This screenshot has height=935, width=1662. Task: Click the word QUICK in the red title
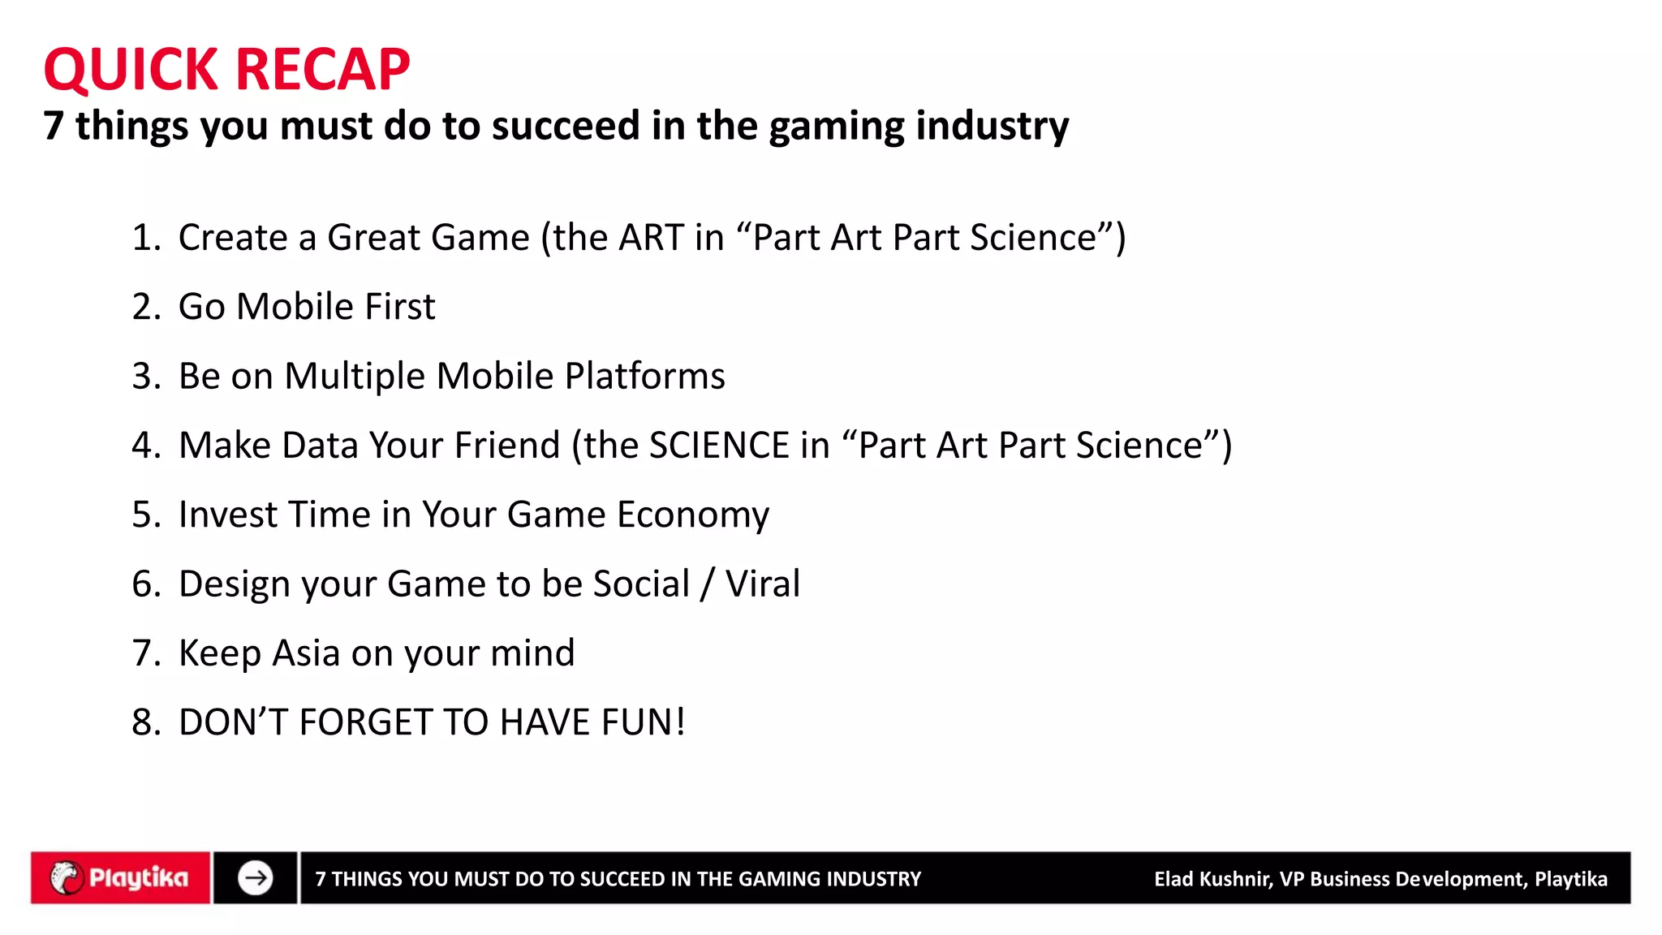tap(130, 70)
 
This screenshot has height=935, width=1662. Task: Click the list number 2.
tap(143, 307)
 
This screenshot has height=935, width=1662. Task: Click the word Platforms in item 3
tap(644, 377)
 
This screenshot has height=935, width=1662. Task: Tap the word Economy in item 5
tap(692, 515)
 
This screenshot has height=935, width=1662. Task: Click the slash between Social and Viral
tap(707, 584)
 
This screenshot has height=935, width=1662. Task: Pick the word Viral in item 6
tap(762, 584)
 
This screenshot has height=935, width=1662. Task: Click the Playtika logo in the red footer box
tap(120, 877)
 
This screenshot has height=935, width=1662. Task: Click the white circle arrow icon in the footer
tap(255, 877)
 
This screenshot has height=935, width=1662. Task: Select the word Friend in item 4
tap(506, 446)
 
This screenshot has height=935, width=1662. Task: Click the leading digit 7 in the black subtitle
tap(53, 127)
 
